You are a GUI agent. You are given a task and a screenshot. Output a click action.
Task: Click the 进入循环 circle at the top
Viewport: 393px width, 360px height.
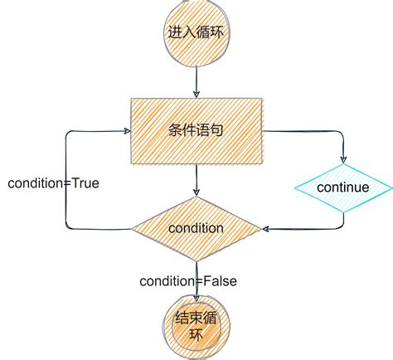[196, 33]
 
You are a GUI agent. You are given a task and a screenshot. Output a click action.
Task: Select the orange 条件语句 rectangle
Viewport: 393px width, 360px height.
[196, 131]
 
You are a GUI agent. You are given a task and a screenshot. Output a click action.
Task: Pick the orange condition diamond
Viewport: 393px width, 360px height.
[196, 227]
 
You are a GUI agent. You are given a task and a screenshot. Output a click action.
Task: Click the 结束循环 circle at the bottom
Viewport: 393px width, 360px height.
[196, 325]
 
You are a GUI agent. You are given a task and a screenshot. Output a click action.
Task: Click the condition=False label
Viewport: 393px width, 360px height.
[189, 281]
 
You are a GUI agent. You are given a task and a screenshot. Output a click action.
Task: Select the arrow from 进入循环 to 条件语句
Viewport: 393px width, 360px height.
[196, 81]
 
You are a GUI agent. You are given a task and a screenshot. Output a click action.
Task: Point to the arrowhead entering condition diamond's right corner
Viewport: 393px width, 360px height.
[264, 227]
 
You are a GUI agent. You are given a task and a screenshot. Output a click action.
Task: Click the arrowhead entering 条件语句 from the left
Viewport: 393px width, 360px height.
[126, 131]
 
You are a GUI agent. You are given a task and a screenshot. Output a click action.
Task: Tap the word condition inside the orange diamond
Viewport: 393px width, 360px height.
[196, 227]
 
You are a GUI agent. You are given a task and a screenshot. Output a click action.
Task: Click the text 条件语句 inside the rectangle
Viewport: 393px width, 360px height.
[196, 131]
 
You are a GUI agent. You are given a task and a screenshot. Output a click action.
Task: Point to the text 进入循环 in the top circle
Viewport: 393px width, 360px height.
[196, 33]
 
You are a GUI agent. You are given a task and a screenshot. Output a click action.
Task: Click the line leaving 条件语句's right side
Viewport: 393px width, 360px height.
[307, 131]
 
